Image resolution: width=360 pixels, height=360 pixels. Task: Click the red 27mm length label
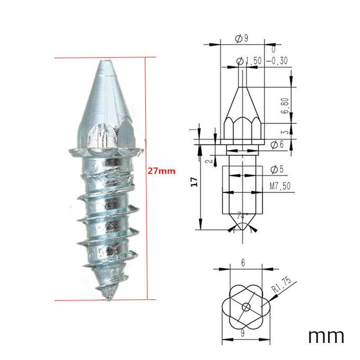click(x=161, y=171)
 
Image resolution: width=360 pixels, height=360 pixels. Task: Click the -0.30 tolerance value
click(x=277, y=61)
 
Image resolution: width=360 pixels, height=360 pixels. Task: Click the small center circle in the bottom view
click(x=246, y=307)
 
